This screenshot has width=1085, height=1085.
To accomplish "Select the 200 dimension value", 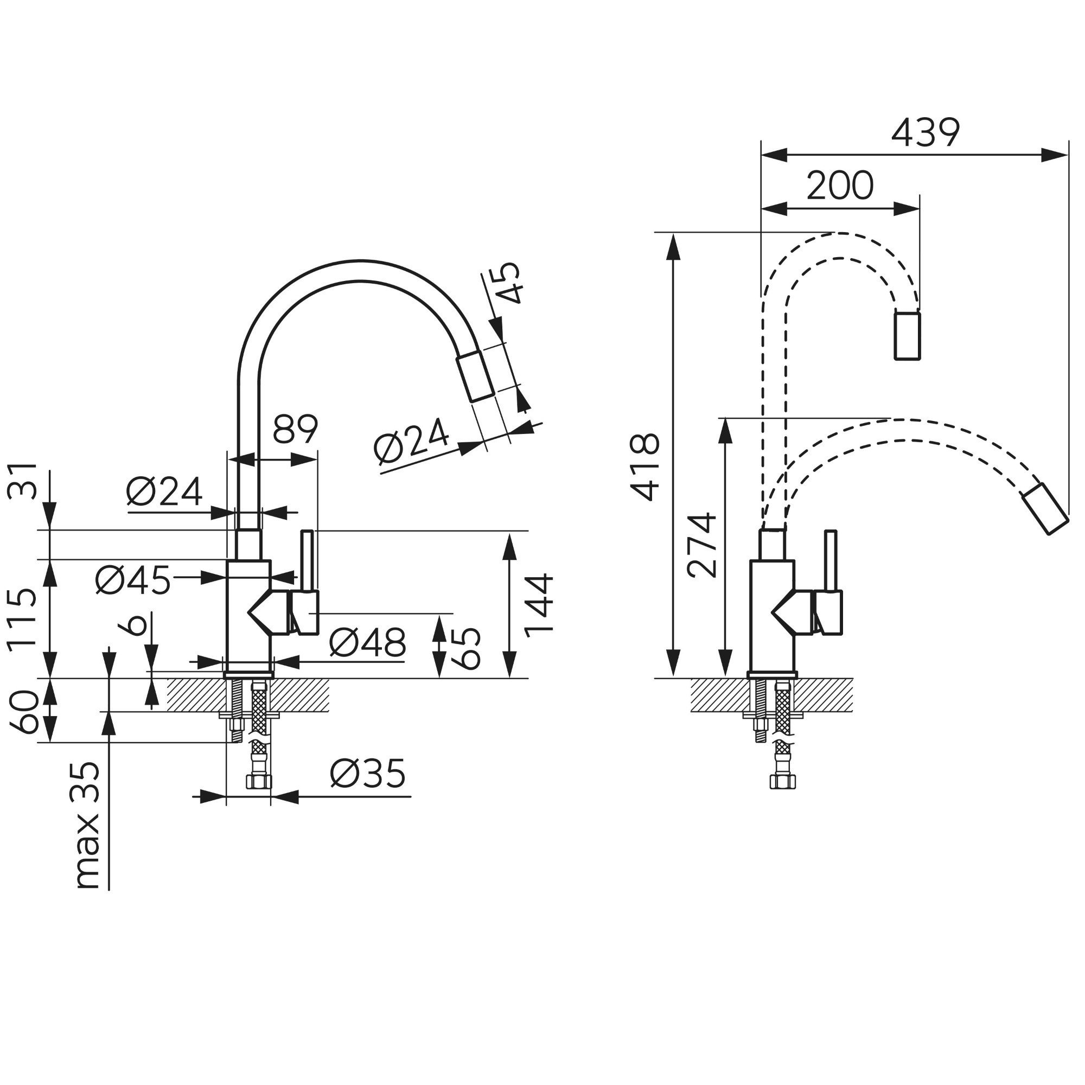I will click(x=840, y=186).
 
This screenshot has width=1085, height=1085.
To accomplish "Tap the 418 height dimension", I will click(x=644, y=467).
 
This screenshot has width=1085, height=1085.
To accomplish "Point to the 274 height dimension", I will click(x=702, y=545).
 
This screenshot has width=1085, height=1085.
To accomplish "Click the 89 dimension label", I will click(x=295, y=430).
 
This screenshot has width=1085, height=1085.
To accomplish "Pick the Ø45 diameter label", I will click(x=132, y=580).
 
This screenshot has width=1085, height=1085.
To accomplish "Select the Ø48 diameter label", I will click(x=367, y=642).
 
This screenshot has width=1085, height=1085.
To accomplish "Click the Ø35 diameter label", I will click(x=367, y=774).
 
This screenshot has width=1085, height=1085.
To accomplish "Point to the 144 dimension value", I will click(x=539, y=605).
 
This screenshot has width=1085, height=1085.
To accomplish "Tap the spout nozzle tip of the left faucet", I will click(x=475, y=376).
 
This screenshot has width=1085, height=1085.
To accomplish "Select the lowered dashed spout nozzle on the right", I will click(x=1044, y=508).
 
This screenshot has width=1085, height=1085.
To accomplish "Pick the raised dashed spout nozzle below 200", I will click(x=907, y=335).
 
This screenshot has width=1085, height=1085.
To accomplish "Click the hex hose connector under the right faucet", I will click(x=780, y=781).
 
